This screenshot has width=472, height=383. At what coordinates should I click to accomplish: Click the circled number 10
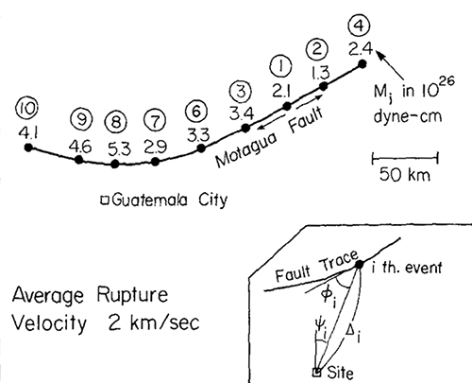pos(27,109)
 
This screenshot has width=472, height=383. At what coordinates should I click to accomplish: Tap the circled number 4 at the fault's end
pos(360,26)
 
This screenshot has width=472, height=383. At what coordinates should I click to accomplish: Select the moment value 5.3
pos(119,148)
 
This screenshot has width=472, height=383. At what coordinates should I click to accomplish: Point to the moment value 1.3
pos(320,72)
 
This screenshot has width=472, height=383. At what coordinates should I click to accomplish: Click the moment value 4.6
pos(80,147)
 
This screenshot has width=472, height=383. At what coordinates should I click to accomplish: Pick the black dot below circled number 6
pos(201,148)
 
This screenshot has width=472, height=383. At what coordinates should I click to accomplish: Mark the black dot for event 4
pos(362,64)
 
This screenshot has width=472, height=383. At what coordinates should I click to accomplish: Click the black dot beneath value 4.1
pos(28,148)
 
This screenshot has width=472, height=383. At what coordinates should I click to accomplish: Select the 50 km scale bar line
pos(405,158)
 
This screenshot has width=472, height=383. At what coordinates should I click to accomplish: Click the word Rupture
pos(132,296)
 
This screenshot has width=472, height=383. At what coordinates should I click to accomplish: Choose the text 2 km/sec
pos(154,322)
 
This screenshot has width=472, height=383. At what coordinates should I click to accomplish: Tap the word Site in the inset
pos(340,373)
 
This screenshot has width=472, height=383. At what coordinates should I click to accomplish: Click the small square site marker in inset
pos(317,373)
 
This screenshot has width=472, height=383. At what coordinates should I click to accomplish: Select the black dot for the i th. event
pos(359,264)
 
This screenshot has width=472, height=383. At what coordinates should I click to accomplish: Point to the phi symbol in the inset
pos(328,297)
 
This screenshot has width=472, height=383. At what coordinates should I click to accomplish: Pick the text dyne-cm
pos(408,116)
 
